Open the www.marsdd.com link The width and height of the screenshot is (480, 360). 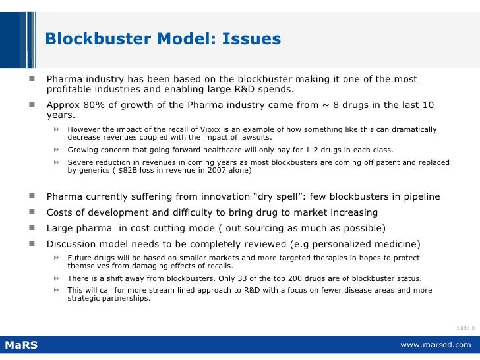tap(436, 345)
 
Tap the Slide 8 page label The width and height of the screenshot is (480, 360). tap(465, 328)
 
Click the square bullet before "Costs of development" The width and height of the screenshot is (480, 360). tap(31, 212)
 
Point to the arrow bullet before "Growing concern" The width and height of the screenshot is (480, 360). tap(57, 150)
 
